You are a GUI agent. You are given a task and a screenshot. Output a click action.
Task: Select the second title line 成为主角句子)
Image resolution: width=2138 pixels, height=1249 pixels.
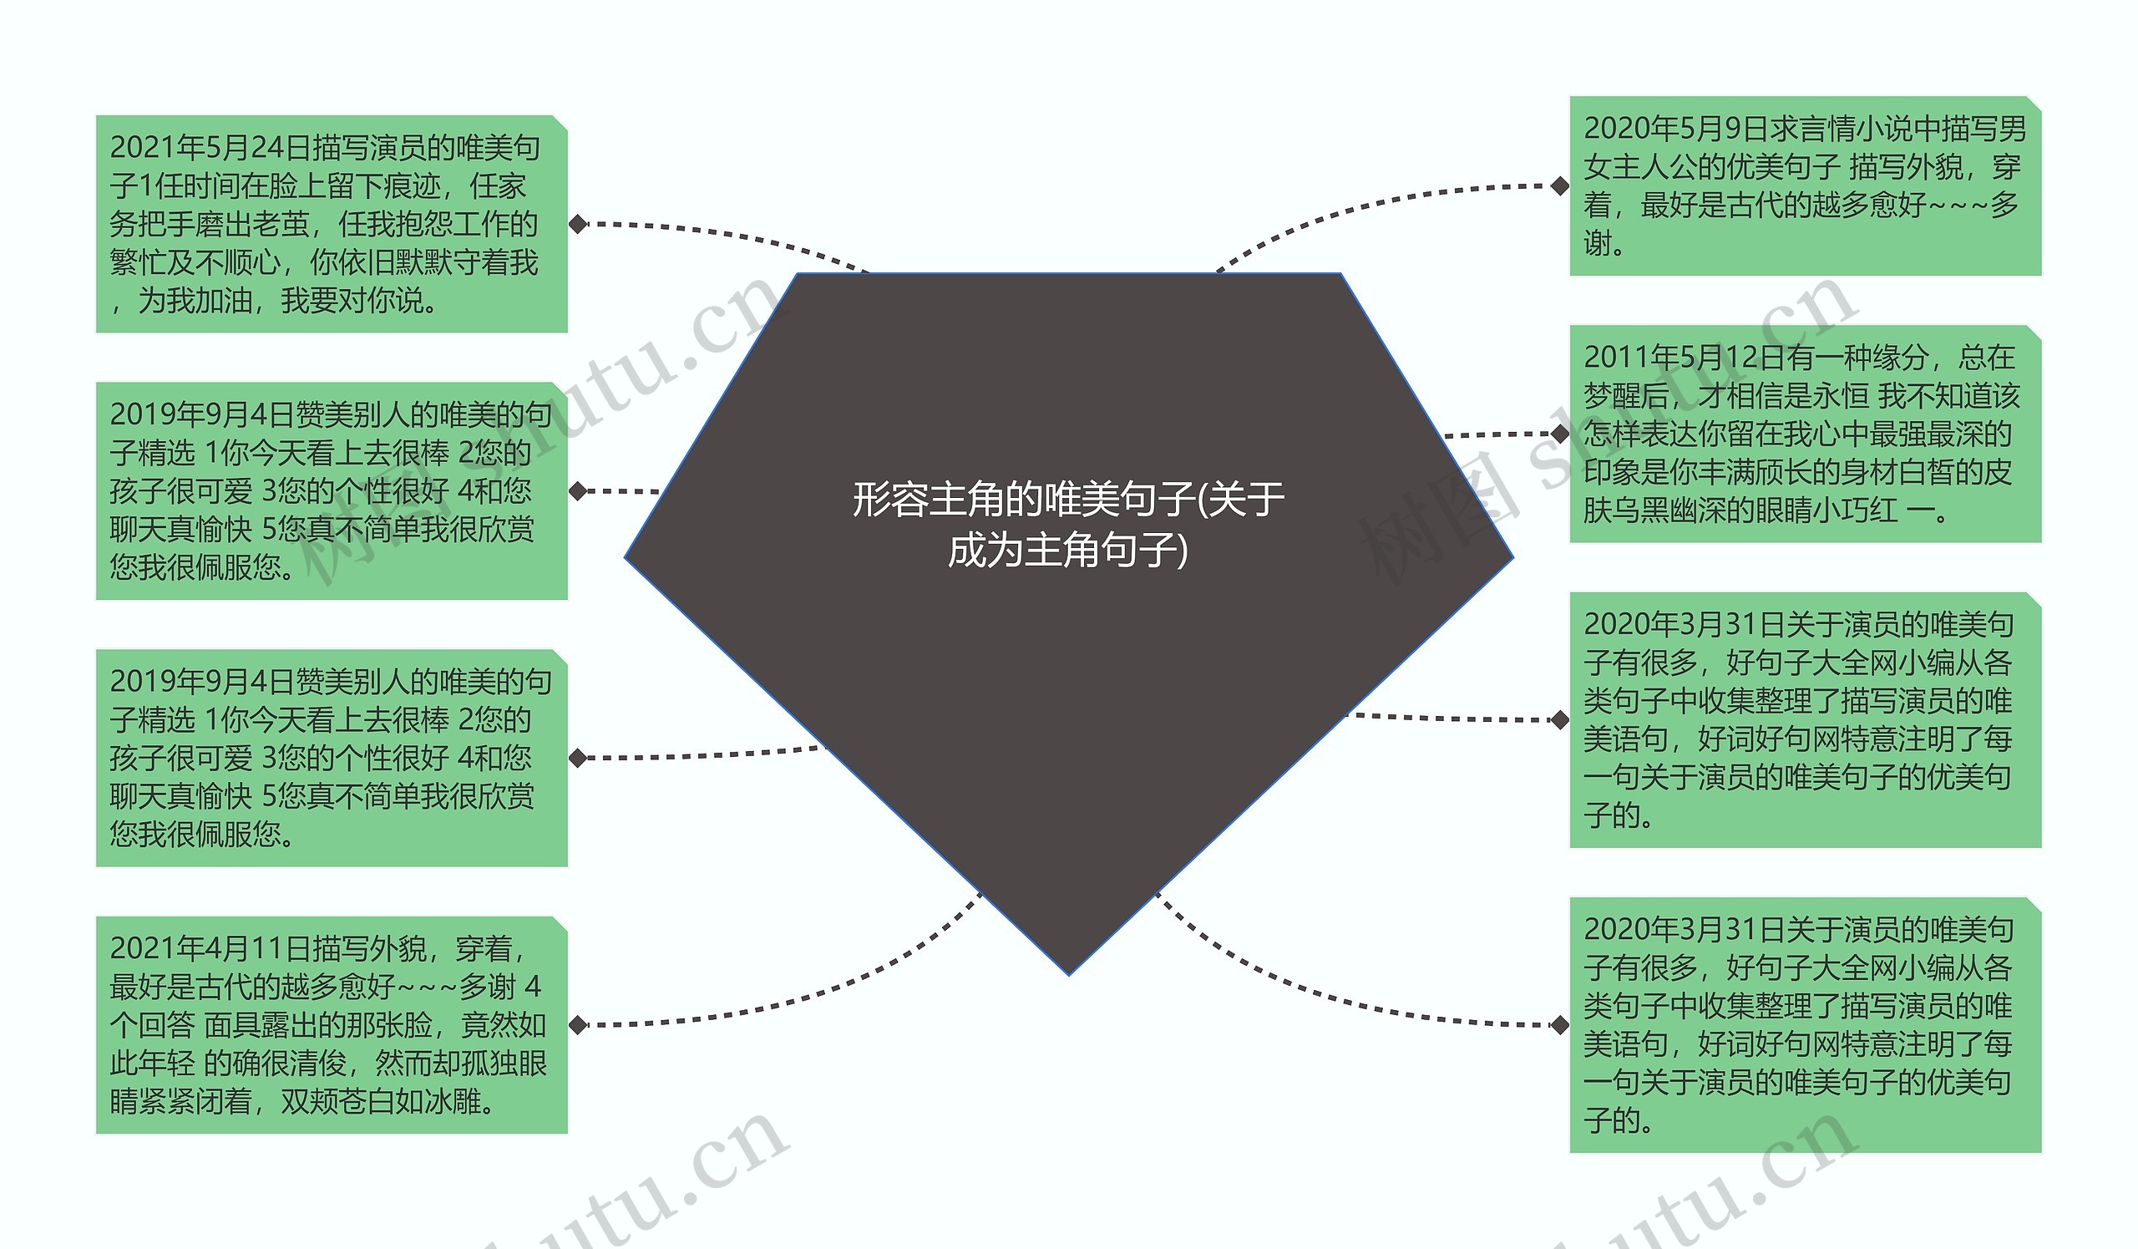[x=1067, y=551]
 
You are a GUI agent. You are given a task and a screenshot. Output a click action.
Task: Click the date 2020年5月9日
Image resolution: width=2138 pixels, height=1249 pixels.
[x=1675, y=128]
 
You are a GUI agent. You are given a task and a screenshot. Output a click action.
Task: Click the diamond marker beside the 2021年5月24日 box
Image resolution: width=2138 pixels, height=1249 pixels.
[x=578, y=224]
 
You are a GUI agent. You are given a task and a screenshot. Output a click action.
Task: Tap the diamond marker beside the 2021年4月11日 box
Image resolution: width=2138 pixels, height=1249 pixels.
[x=578, y=1025]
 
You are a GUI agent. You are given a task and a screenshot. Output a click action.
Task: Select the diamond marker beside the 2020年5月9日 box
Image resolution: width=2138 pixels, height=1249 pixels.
[x=1559, y=185]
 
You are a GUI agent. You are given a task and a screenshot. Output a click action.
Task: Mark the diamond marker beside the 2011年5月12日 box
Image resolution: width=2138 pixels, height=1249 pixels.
[x=1559, y=434]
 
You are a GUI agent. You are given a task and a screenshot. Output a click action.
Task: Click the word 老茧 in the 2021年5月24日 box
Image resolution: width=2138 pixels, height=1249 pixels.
[x=281, y=224]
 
